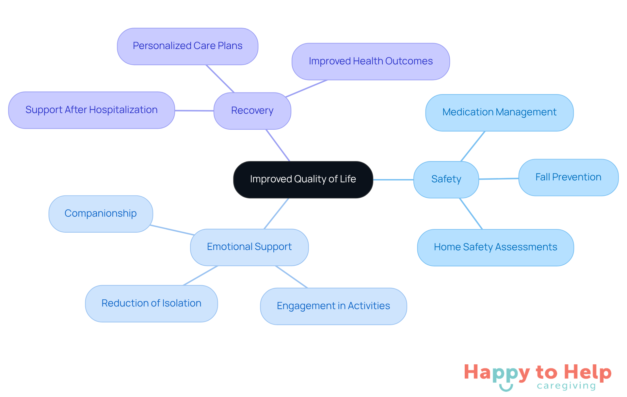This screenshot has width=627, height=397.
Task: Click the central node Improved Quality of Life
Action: (x=303, y=179)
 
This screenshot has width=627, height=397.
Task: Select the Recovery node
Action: (x=252, y=111)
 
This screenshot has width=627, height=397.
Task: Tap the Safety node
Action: (x=446, y=179)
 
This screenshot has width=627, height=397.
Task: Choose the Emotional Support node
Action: (x=249, y=247)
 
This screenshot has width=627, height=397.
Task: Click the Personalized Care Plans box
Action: (x=187, y=46)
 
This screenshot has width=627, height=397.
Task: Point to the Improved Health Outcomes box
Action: (x=371, y=61)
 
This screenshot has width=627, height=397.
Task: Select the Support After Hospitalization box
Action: (x=91, y=110)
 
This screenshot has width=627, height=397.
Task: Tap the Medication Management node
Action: (x=499, y=112)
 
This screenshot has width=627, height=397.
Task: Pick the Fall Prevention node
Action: (x=568, y=177)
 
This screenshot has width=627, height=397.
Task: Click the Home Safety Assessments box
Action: (x=495, y=247)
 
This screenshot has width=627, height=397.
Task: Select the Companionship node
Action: (x=101, y=214)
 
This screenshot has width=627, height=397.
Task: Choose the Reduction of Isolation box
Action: (x=151, y=304)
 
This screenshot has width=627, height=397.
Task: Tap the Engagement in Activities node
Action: (x=333, y=306)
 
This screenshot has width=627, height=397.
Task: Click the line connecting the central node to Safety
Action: (x=393, y=180)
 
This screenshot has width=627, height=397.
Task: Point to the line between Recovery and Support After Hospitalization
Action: (x=194, y=111)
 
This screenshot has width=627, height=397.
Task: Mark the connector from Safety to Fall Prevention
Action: (x=499, y=179)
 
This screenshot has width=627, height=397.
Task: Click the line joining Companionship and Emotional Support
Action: (x=172, y=230)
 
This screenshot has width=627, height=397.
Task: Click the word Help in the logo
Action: (x=587, y=372)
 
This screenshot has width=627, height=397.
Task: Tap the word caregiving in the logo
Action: (x=566, y=386)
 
